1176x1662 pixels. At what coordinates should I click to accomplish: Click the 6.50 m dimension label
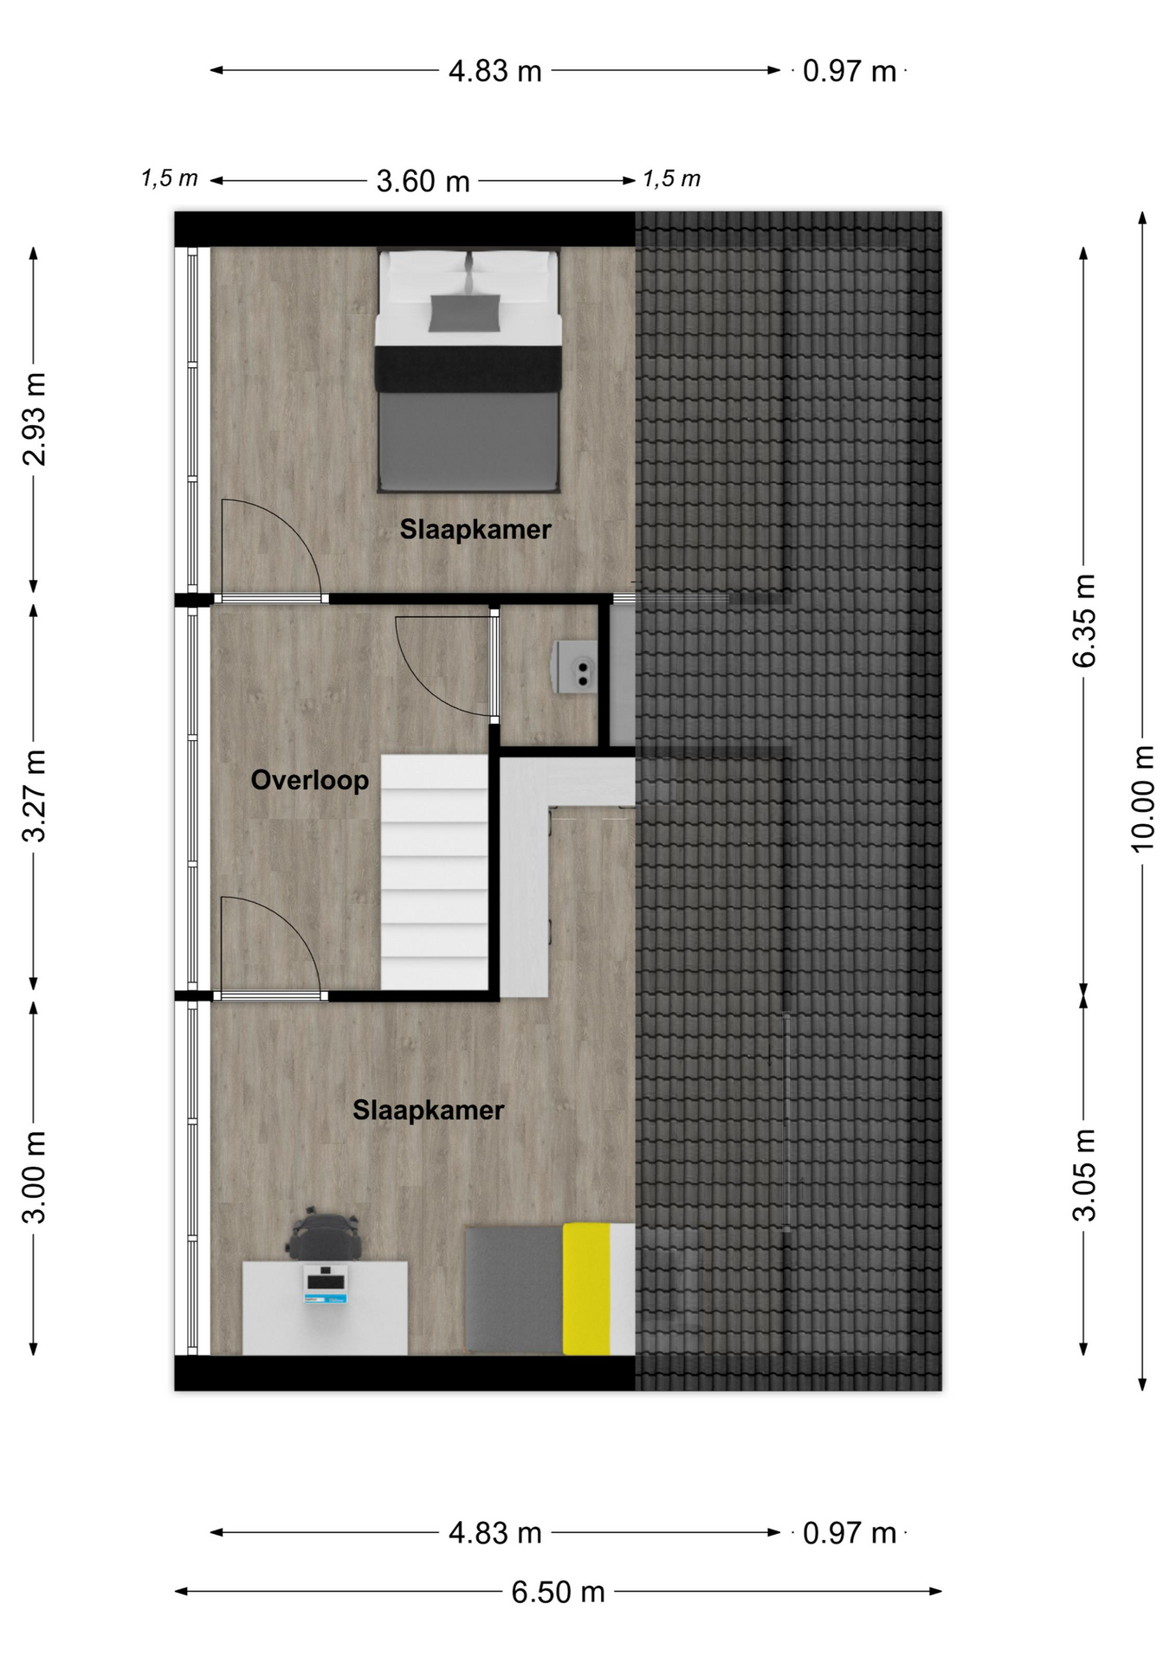[x=558, y=1592]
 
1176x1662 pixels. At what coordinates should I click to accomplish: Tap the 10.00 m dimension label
[x=1143, y=799]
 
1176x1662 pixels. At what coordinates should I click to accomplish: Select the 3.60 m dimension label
[x=423, y=182]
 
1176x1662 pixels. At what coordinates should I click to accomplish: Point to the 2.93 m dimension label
[x=34, y=419]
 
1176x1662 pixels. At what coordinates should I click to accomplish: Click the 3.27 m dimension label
[x=34, y=796]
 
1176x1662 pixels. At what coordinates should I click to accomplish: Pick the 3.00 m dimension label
[x=34, y=1176]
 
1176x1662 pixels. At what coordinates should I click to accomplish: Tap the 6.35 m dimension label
[x=1084, y=620]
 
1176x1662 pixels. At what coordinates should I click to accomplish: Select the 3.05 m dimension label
[x=1084, y=1175]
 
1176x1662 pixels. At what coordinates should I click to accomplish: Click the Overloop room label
[x=310, y=780]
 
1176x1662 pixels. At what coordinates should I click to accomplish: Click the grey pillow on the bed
[x=465, y=312]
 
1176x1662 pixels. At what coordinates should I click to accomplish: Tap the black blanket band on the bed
[x=468, y=368]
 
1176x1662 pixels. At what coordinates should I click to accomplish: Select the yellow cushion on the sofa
[x=586, y=1288]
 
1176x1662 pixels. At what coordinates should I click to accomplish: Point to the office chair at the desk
[x=325, y=1235]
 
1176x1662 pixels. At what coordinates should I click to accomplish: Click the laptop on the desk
[x=326, y=1285]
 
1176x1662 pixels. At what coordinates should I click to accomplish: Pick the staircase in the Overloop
[x=435, y=872]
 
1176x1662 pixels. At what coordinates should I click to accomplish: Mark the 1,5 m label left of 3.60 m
[x=170, y=179]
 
